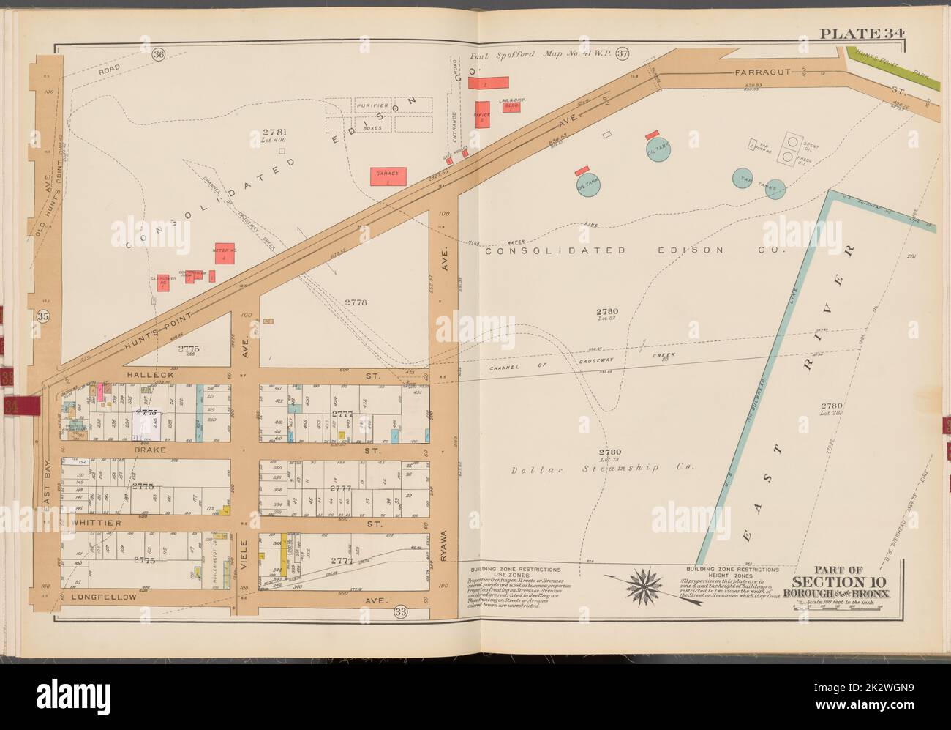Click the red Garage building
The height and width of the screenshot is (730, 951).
click(388, 175)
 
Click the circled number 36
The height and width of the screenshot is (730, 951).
click(158, 54)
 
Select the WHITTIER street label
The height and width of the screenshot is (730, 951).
click(95, 524)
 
